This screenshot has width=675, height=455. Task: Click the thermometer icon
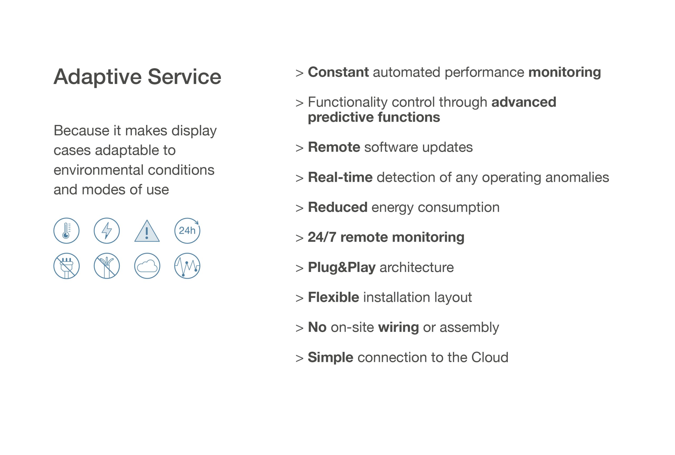[x=66, y=231]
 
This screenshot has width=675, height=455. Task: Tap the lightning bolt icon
[x=107, y=231]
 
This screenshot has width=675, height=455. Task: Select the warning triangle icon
[x=147, y=231]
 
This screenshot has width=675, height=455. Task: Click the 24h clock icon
[x=187, y=231]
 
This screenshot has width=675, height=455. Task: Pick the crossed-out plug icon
[x=66, y=266]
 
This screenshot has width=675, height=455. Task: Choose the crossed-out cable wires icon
[x=107, y=266]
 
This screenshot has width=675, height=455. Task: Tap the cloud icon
[x=147, y=266]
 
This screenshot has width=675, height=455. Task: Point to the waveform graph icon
[x=187, y=266]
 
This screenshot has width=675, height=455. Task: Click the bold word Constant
[x=338, y=72]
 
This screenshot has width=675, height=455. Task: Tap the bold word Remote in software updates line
[x=334, y=147]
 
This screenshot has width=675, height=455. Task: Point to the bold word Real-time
[x=340, y=177]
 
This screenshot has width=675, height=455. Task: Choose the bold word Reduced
[x=338, y=207]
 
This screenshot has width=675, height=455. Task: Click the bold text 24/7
[x=322, y=237]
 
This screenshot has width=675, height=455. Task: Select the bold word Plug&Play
[x=342, y=267]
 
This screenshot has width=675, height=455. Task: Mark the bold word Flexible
[x=334, y=297]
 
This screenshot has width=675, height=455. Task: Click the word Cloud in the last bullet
[x=490, y=357]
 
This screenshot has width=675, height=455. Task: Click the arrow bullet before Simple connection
[x=299, y=358]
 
